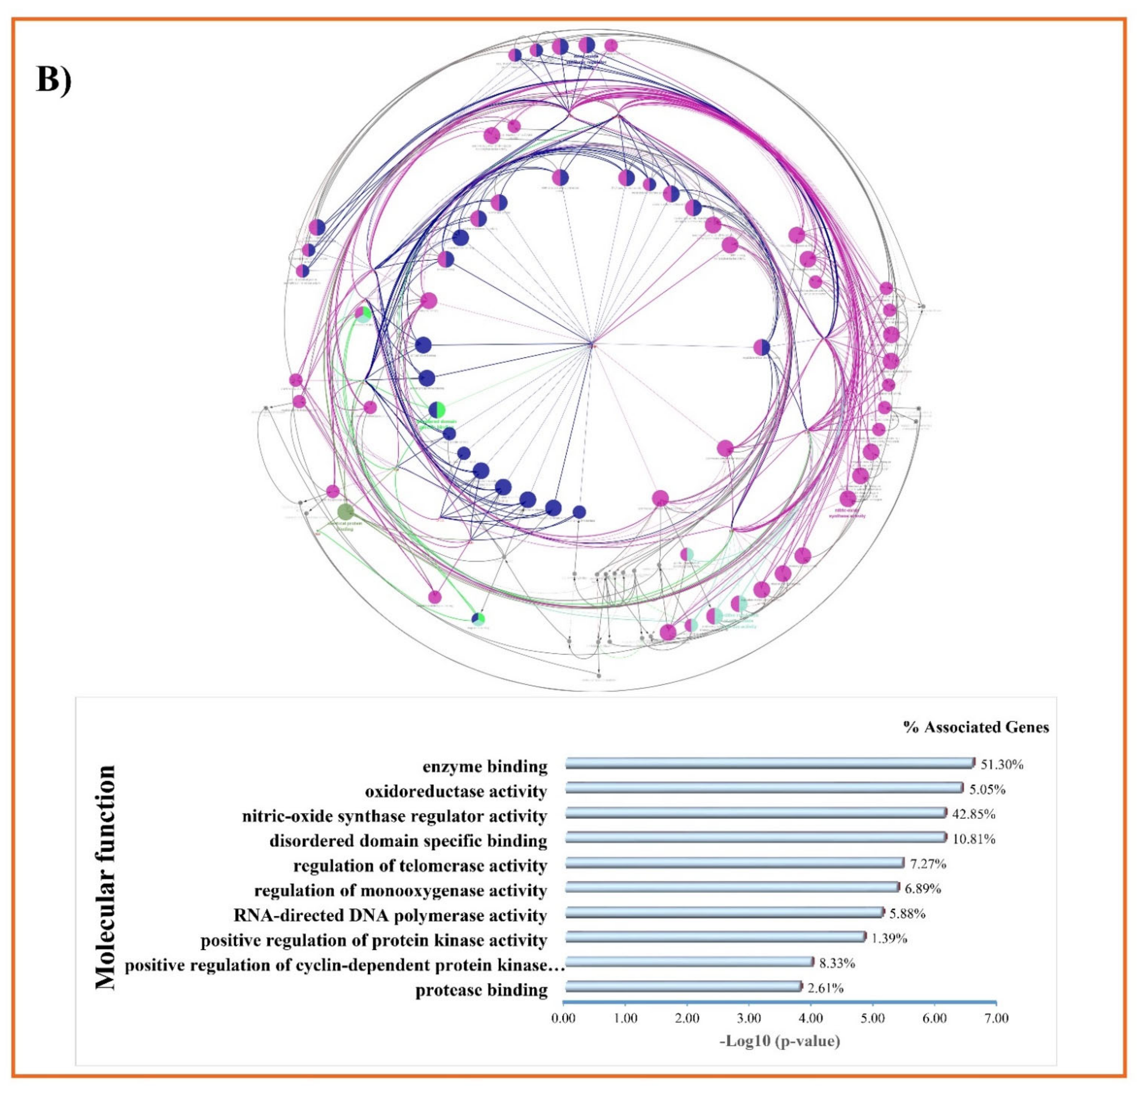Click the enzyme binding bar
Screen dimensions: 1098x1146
[x=769, y=764]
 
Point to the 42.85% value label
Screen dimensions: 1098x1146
[x=974, y=814]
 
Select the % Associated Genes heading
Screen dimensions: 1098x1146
[x=976, y=727]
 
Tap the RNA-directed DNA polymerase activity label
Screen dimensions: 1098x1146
[x=390, y=915]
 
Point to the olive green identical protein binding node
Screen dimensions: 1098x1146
[x=345, y=512]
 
